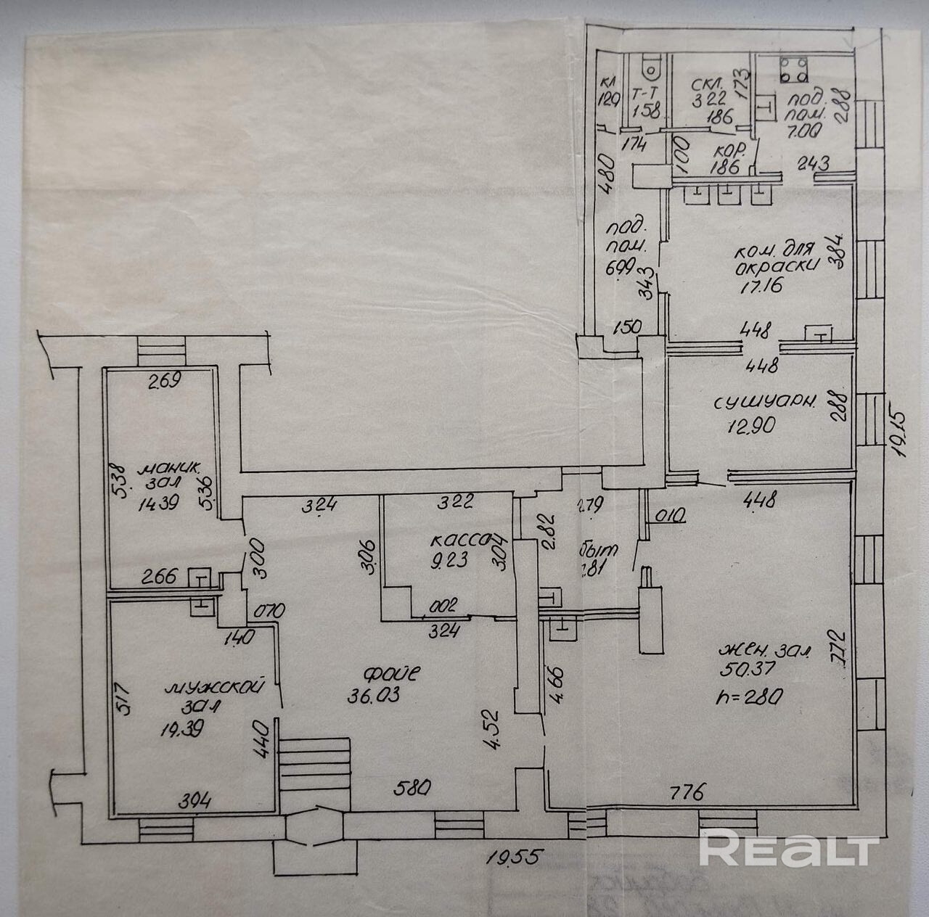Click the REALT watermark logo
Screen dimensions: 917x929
click(x=789, y=848)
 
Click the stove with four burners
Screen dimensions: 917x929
click(x=794, y=69)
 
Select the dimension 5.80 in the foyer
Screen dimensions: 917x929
click(x=412, y=786)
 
